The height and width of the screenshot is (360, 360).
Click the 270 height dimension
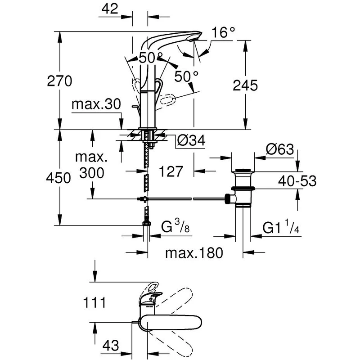[x=59, y=81]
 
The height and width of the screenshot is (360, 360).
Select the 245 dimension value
[x=245, y=85]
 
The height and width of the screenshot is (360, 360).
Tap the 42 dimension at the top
[x=110, y=9]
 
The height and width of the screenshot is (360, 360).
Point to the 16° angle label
[x=223, y=32]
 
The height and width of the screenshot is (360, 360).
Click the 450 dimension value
[x=58, y=178]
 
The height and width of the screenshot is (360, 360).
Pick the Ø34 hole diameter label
[x=191, y=140]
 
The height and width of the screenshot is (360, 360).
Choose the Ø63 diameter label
[x=280, y=149]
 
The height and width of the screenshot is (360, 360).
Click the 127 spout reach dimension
[x=171, y=171]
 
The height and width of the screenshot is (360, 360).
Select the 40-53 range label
[x=297, y=181]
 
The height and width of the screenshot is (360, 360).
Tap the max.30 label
[x=96, y=104]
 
